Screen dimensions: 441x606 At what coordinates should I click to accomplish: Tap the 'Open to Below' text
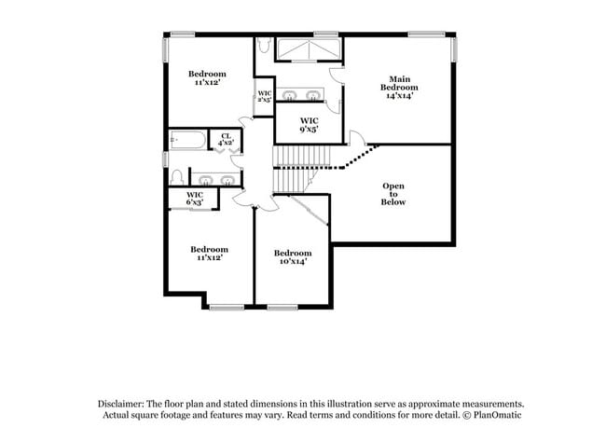click(x=393, y=193)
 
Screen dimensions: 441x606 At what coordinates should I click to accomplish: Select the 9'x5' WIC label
click(x=310, y=125)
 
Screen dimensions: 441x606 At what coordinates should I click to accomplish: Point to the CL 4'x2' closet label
click(x=227, y=141)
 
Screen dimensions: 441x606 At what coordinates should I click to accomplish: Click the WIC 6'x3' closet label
click(x=194, y=198)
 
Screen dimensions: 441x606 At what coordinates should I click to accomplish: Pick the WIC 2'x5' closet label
click(x=265, y=97)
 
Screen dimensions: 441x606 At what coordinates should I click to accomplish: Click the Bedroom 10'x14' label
click(x=292, y=257)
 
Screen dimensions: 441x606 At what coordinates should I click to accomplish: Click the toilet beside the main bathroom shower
click(x=264, y=45)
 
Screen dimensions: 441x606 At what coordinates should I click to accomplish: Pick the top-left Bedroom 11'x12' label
click(x=207, y=78)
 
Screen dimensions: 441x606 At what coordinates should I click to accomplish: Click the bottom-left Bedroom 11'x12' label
click(x=209, y=254)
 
